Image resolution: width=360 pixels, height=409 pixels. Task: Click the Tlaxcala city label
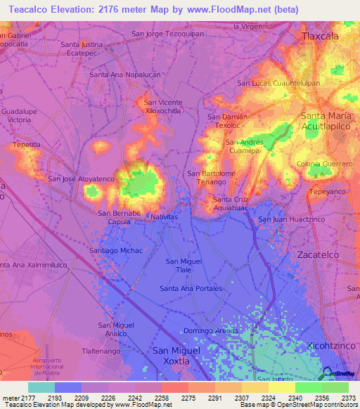[x=319, y=35]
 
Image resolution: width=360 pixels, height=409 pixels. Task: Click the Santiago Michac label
[x=116, y=251]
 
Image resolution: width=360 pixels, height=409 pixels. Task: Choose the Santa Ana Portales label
[x=191, y=289]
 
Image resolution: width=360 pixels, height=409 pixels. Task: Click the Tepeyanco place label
[x=328, y=191]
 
